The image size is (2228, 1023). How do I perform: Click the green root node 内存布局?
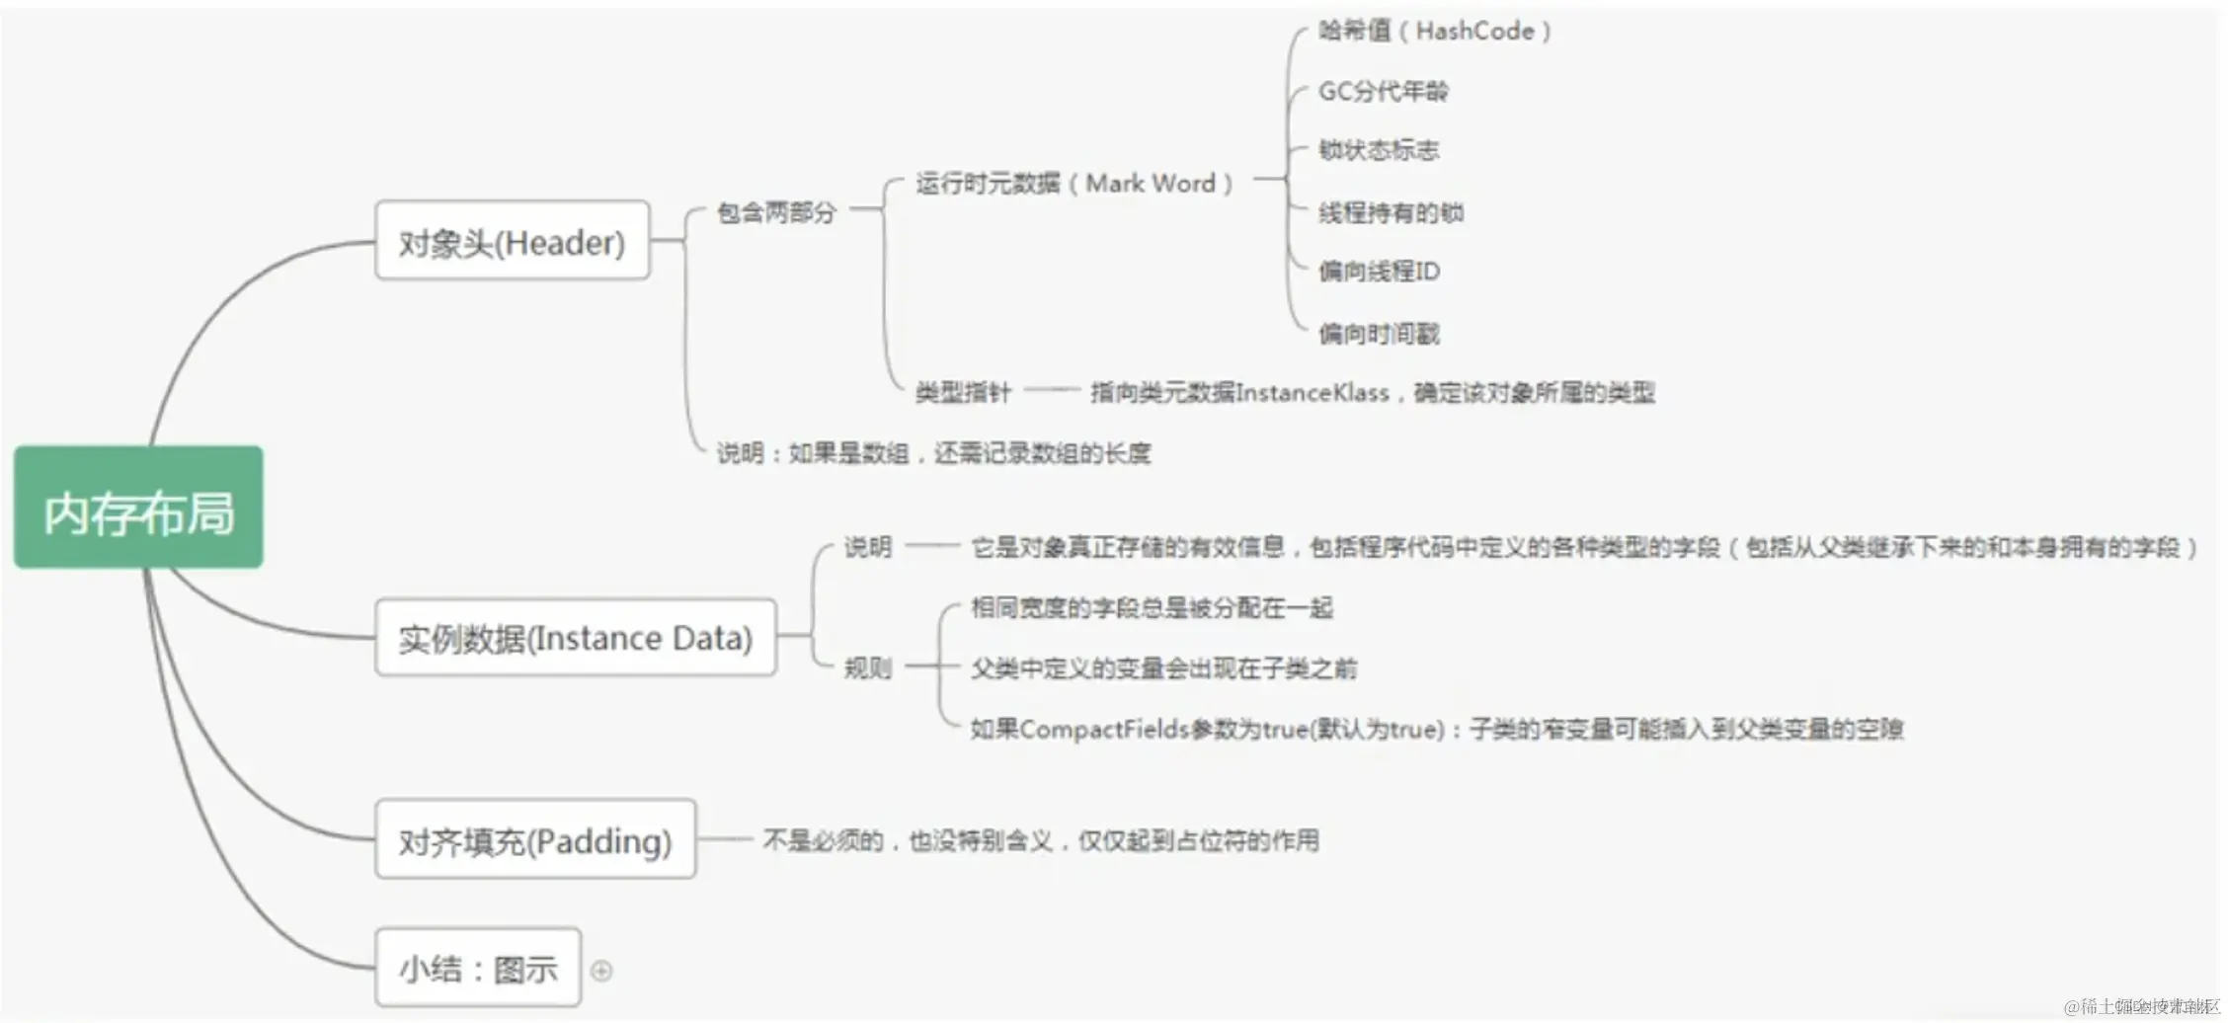click(138, 508)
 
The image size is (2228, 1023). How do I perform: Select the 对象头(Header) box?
click(512, 241)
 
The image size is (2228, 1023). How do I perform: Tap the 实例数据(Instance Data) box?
click(575, 638)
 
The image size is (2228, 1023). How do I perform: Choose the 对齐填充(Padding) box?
click(534, 839)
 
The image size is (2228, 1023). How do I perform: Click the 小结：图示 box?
click(478, 968)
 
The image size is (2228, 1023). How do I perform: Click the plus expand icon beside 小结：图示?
click(601, 971)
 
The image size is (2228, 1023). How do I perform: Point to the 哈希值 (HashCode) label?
click(1434, 32)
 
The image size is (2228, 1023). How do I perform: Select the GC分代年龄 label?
click(1383, 92)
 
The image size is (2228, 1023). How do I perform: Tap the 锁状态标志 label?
click(1379, 150)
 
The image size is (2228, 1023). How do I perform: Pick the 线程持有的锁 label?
click(1391, 212)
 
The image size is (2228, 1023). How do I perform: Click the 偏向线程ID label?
click(1379, 272)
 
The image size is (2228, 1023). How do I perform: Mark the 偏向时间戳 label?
click(1379, 334)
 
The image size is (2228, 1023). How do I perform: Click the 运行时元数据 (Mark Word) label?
click(1074, 184)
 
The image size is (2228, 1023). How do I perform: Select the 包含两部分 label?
click(776, 212)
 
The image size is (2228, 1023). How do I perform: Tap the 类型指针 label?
click(963, 393)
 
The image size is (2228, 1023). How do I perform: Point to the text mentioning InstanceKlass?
click(1373, 393)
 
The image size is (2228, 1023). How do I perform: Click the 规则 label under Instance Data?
click(867, 669)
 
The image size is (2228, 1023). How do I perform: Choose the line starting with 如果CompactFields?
click(1437, 730)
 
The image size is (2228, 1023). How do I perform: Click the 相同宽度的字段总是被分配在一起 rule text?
click(1152, 607)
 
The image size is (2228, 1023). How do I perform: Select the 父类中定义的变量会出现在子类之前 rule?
click(1163, 669)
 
